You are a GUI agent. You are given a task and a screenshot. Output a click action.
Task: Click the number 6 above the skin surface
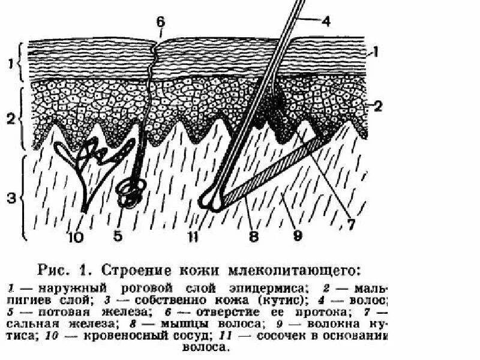coord(160,22)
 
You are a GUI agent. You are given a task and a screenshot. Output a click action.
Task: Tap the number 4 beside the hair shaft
coord(326,22)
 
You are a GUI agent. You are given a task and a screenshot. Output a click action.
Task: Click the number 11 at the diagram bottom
coord(193,236)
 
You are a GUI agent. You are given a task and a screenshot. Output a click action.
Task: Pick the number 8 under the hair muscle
coord(254,236)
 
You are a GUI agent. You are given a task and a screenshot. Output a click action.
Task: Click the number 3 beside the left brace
coord(10,196)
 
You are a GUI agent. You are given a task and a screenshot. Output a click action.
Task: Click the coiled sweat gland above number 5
coord(129,193)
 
